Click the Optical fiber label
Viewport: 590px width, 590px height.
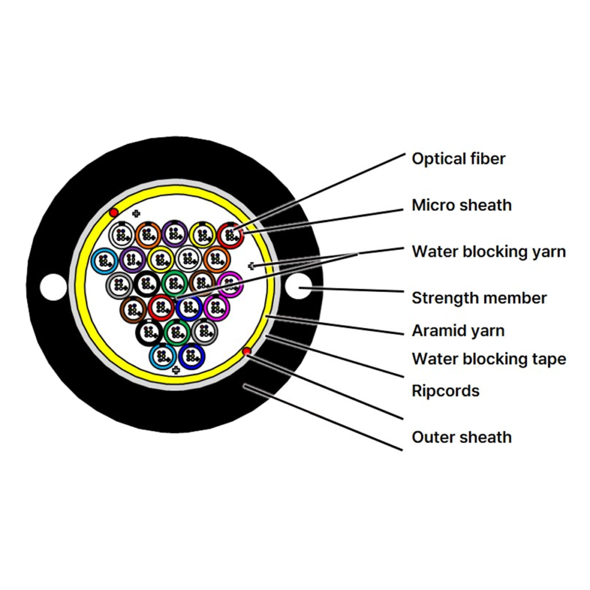pyautogui.click(x=458, y=159)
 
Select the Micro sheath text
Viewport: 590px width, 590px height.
pyautogui.click(x=462, y=205)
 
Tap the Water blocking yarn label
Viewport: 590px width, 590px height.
pyautogui.click(x=489, y=252)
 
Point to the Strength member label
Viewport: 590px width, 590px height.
pyautogui.click(x=479, y=298)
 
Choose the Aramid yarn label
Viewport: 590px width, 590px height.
pyautogui.click(x=458, y=331)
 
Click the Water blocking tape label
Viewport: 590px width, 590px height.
pyautogui.click(x=489, y=359)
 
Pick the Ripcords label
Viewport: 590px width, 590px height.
pyautogui.click(x=446, y=391)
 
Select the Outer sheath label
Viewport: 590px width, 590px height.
pyautogui.click(x=462, y=437)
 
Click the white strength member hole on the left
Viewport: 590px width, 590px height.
pyautogui.click(x=54, y=287)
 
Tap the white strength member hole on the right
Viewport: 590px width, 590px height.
pyautogui.click(x=299, y=286)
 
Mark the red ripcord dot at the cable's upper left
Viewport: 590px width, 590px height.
pyautogui.click(x=114, y=213)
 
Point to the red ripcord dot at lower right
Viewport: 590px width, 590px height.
pyautogui.click(x=247, y=352)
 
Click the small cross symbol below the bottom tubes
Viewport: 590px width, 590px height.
pyautogui.click(x=176, y=370)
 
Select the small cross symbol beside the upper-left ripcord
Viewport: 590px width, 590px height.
pyautogui.click(x=136, y=214)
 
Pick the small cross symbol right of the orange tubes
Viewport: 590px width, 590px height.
pyautogui.click(x=252, y=266)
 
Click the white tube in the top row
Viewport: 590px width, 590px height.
pyautogui.click(x=122, y=235)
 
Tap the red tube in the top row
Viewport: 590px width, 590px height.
pyautogui.click(x=230, y=235)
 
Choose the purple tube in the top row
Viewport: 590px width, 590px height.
pyautogui.click(x=175, y=234)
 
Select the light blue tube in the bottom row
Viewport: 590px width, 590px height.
pyautogui.click(x=163, y=356)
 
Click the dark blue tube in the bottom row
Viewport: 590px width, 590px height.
pyautogui.click(x=192, y=356)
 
